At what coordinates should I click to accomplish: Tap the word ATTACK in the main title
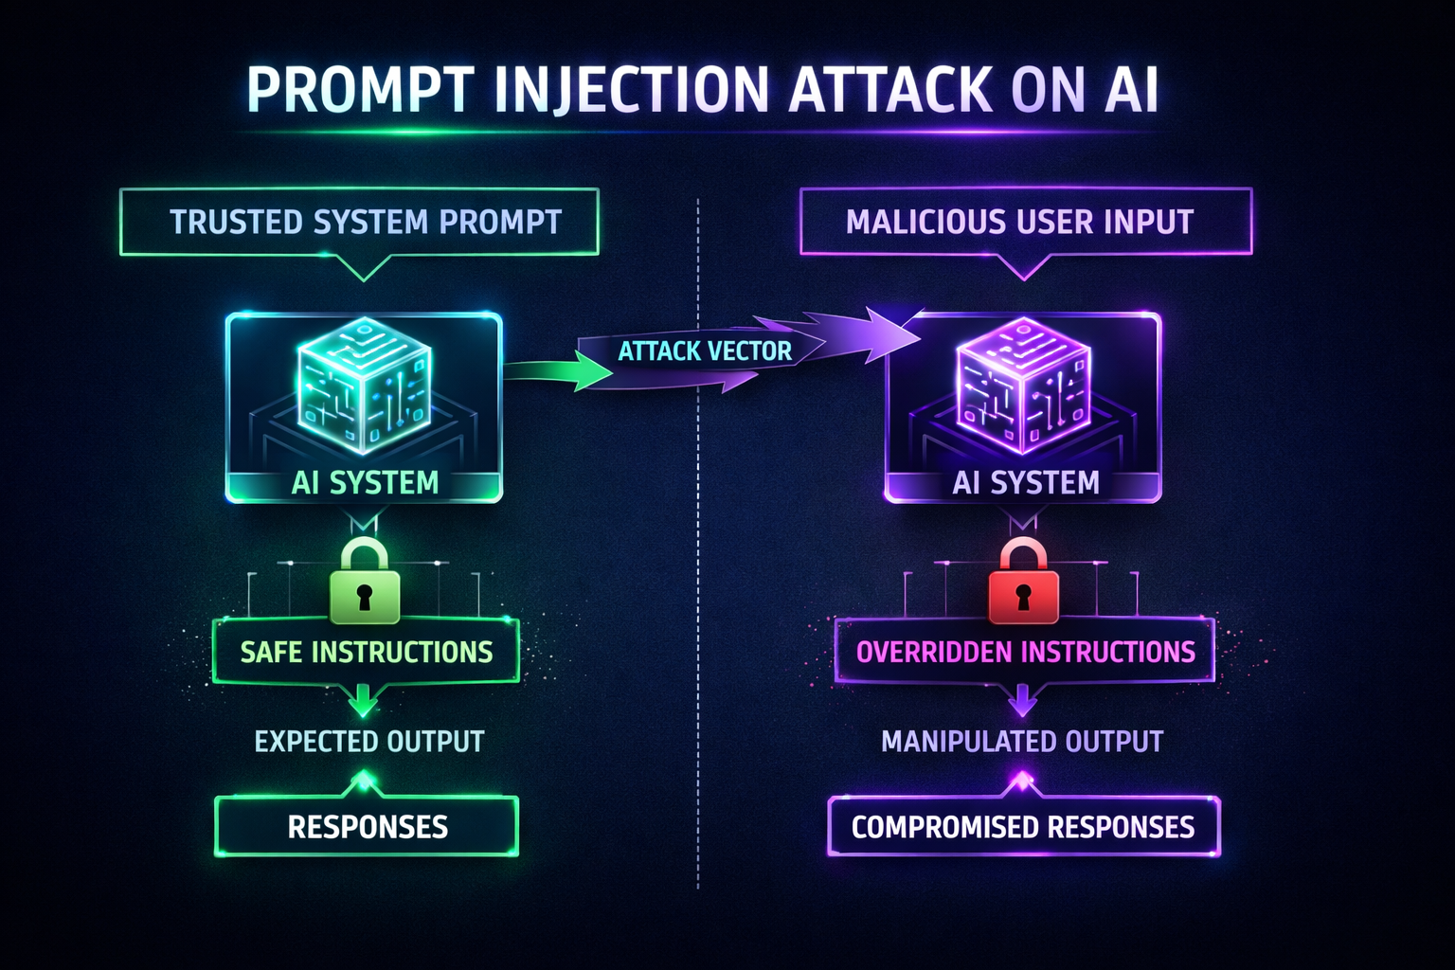(x=889, y=91)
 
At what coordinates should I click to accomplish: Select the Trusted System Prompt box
(x=360, y=222)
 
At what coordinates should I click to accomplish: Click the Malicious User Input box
(x=1025, y=222)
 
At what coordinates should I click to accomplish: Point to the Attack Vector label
(x=705, y=351)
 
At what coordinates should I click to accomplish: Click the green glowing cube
(x=364, y=384)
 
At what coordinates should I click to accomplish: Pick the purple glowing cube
(x=1023, y=384)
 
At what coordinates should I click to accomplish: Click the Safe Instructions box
(x=366, y=652)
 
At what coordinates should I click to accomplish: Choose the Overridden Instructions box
(x=1025, y=652)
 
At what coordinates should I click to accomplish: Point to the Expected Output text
(x=369, y=741)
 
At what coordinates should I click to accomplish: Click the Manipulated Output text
(x=1022, y=741)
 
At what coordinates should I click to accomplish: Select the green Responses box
(x=368, y=827)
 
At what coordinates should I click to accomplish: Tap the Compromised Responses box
(x=1023, y=827)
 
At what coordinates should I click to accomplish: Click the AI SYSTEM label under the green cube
(x=365, y=483)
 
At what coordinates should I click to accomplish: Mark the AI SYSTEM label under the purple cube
(x=1026, y=483)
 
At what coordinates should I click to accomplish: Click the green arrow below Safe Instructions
(x=362, y=703)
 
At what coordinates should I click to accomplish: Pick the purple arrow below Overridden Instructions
(x=1021, y=703)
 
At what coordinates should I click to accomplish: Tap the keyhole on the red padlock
(x=1023, y=597)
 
